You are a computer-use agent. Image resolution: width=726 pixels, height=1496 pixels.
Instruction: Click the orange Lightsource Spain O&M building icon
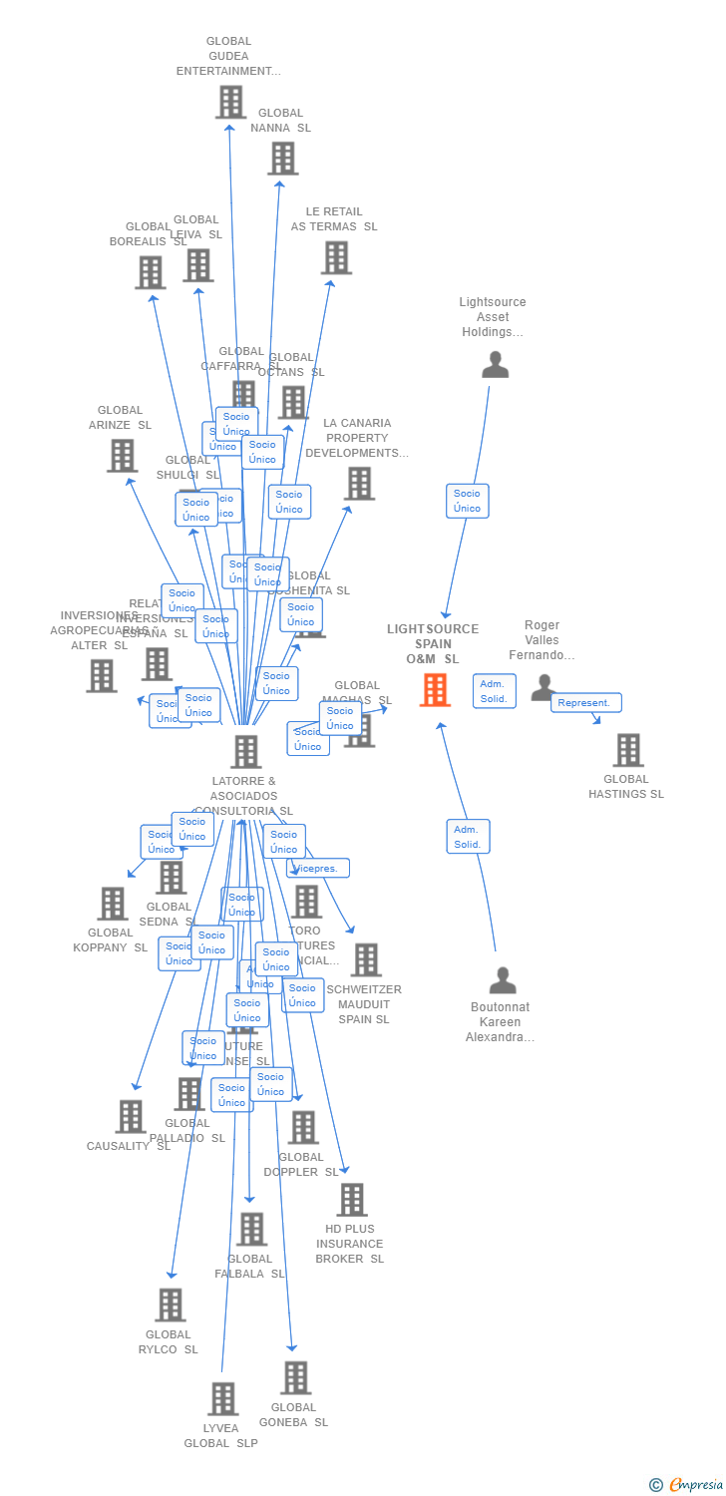click(435, 689)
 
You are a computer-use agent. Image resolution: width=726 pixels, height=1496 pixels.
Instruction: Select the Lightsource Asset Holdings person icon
click(495, 365)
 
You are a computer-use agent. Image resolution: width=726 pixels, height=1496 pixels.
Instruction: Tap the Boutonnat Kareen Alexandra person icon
click(503, 980)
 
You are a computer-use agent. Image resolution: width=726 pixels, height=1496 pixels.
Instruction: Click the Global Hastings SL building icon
click(627, 750)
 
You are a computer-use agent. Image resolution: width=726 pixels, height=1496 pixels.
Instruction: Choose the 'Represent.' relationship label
click(585, 703)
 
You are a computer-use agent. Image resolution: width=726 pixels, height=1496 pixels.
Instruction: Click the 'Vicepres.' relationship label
click(319, 869)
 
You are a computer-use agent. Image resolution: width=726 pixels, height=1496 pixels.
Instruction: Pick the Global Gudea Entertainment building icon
click(230, 102)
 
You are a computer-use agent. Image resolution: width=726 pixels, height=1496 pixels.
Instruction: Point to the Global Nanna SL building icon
click(282, 158)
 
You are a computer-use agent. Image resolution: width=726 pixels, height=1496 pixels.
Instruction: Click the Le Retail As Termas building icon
click(336, 257)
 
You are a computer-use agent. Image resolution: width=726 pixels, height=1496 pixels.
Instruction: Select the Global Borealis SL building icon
click(150, 272)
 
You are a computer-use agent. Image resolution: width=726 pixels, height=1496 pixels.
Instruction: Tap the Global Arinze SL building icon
click(122, 456)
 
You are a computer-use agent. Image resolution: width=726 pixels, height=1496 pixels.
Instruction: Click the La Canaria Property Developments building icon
click(359, 484)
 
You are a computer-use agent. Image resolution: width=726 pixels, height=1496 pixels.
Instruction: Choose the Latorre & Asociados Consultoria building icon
click(245, 752)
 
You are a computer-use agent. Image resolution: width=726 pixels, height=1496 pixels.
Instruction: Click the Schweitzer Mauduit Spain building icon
click(366, 959)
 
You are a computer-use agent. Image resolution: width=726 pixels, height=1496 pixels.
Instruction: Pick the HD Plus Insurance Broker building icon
click(351, 1200)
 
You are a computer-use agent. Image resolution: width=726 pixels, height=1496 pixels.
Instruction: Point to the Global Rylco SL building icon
click(170, 1305)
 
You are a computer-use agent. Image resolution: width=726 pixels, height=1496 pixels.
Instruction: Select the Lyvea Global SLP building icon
click(222, 1398)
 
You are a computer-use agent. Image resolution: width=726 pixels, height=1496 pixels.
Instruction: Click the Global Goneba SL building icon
click(295, 1377)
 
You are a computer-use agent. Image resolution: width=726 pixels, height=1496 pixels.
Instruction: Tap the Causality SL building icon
click(130, 1117)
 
